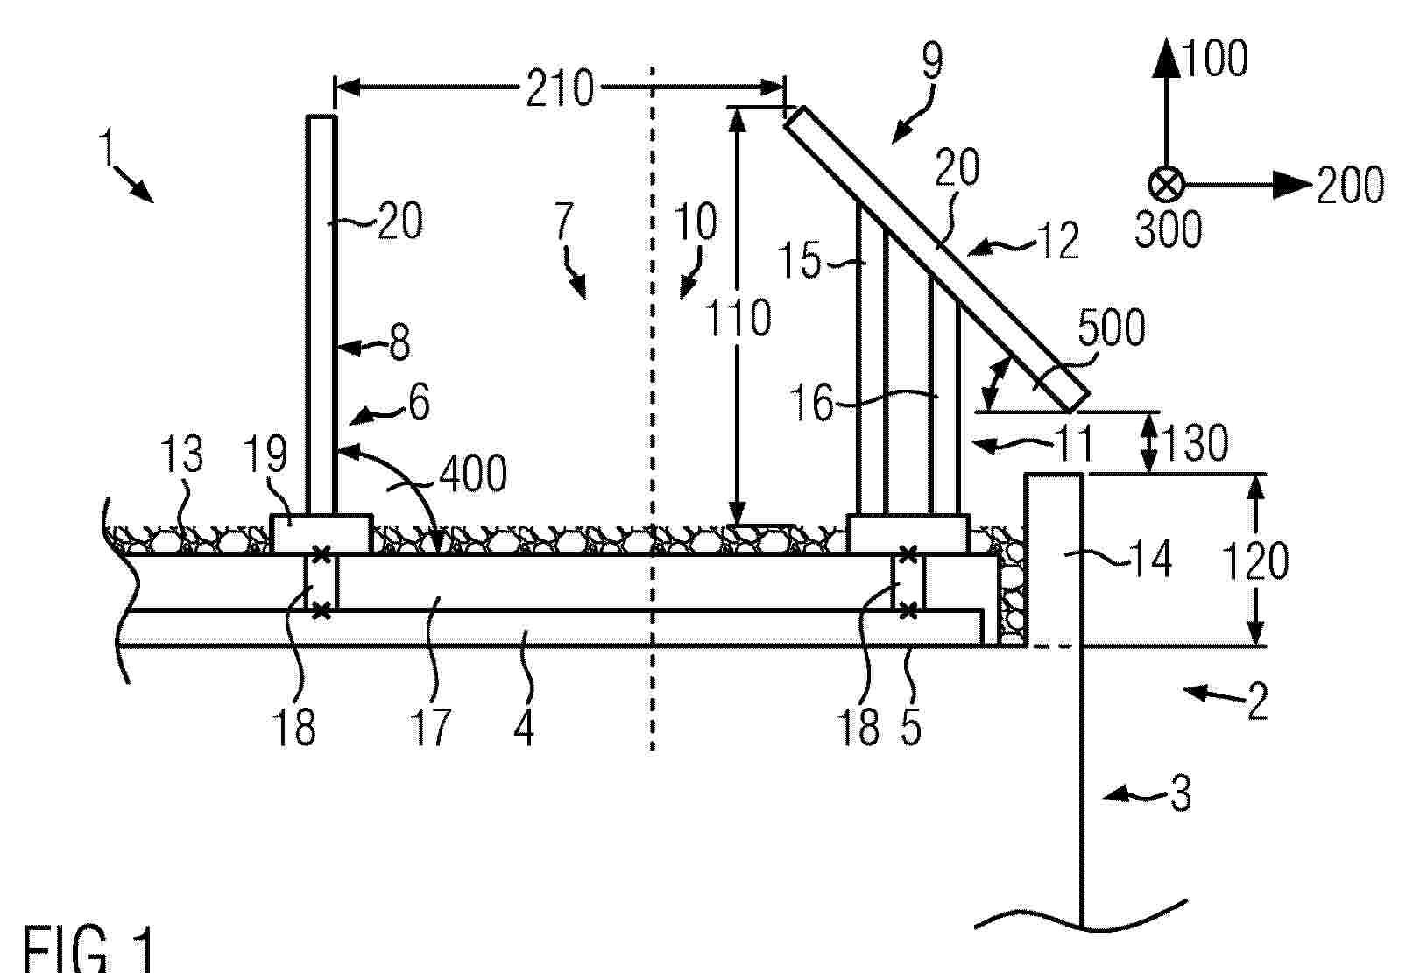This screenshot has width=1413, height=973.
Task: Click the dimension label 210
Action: click(x=560, y=88)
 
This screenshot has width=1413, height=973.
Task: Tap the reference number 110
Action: click(x=737, y=317)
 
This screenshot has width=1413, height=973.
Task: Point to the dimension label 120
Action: click(x=1255, y=561)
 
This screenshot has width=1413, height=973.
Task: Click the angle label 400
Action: click(x=473, y=473)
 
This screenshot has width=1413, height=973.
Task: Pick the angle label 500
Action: click(x=1113, y=328)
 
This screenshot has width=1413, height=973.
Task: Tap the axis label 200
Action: click(x=1351, y=185)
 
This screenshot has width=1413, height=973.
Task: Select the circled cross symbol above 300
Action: click(x=1166, y=185)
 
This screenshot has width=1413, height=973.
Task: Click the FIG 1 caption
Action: click(x=88, y=948)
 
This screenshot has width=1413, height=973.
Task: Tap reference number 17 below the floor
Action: click(x=430, y=727)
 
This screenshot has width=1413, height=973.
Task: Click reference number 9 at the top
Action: click(x=933, y=61)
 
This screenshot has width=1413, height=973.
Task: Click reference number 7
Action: click(x=562, y=221)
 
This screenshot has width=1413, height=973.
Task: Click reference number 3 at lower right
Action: click(x=1181, y=793)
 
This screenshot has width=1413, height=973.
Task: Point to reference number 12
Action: click(x=1058, y=241)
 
